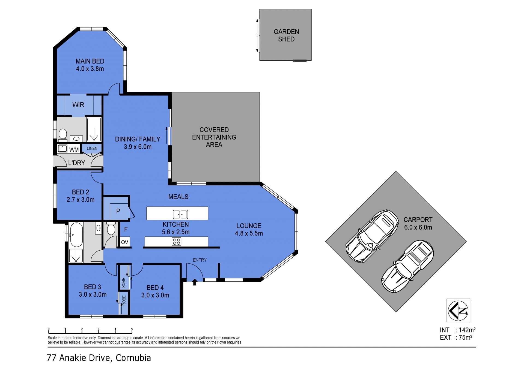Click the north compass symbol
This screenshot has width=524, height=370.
[x=458, y=310]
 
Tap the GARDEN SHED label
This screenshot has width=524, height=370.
[x=286, y=35]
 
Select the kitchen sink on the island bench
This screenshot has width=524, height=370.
[x=180, y=214]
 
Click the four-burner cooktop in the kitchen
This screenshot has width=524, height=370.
[x=177, y=242]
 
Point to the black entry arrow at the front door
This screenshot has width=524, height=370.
[x=195, y=282]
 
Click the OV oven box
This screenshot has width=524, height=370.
[x=125, y=242]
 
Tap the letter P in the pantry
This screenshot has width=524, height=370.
[x=118, y=211]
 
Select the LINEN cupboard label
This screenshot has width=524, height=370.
[x=92, y=148]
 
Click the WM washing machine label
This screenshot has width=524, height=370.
[x=74, y=150]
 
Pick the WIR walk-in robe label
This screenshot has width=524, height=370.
[x=78, y=105]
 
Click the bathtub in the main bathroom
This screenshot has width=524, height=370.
[x=76, y=235]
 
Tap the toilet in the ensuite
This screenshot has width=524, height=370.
[x=63, y=134]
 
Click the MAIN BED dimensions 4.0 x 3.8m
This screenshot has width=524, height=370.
[x=90, y=69]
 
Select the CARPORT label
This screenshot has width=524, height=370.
[x=418, y=220]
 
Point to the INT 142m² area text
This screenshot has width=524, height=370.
[x=458, y=330]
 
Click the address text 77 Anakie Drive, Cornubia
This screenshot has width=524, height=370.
[x=99, y=358]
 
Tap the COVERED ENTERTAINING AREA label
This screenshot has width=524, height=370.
[x=214, y=137]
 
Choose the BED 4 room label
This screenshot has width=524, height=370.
[x=155, y=288]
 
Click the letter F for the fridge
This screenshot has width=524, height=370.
[x=126, y=229]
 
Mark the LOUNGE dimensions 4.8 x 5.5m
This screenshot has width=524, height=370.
[x=249, y=233]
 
